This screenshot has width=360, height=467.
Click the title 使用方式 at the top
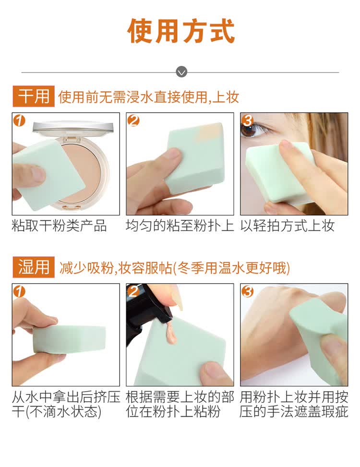181,31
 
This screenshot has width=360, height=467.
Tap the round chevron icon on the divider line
181,72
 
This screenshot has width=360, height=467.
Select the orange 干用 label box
33,96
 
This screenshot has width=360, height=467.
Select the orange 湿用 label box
33,267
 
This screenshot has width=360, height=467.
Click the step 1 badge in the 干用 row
19,120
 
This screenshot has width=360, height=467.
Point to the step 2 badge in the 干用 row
133,120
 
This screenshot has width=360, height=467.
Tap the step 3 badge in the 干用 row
248,120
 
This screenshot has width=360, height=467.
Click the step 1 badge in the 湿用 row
19,291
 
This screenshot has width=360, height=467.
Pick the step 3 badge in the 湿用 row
248,291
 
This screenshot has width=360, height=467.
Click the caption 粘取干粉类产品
59,226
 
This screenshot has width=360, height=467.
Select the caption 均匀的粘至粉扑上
180,226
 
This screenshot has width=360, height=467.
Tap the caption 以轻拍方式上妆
288,226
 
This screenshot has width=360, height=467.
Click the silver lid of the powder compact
73,128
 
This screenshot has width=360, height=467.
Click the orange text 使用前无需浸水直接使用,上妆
149,97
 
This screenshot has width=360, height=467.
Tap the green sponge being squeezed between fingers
70,339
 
